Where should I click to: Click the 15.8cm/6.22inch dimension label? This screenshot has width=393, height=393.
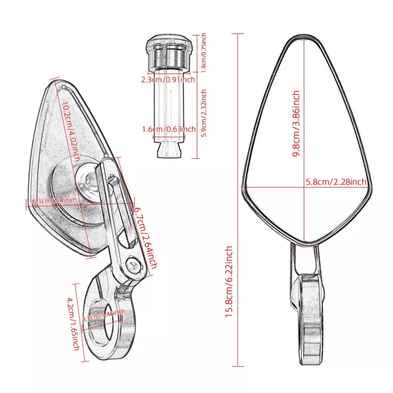229,282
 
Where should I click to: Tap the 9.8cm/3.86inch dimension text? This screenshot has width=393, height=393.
296,124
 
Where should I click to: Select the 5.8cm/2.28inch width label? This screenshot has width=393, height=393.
336,182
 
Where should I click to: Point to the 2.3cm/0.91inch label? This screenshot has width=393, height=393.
168,80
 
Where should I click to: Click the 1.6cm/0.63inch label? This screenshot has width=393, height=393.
169,129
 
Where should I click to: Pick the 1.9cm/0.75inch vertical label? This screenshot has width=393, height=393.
204,53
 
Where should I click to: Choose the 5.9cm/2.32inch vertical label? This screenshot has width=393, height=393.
204,113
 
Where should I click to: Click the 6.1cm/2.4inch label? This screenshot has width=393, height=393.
54,201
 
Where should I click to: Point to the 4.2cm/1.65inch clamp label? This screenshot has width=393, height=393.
73,324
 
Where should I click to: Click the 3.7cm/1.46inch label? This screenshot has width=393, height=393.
104,315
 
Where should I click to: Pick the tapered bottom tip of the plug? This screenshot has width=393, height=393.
169,150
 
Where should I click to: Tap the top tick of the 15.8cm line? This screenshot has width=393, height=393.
237,34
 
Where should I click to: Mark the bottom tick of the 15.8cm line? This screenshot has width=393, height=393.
237,366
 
